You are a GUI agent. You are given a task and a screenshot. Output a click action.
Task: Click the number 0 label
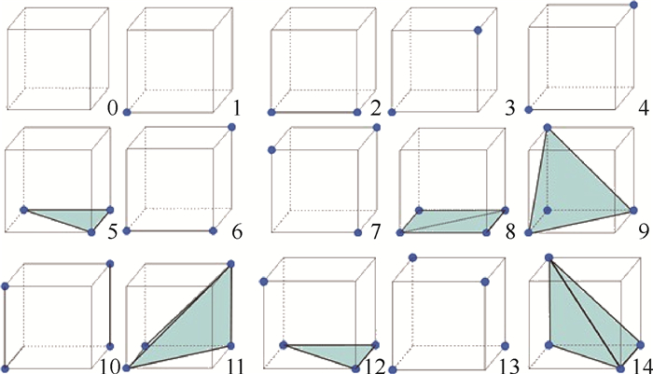coord(113,108)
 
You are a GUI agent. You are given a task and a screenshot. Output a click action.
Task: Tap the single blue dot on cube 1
coord(128,113)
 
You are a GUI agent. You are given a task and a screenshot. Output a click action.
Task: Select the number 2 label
coord(375,108)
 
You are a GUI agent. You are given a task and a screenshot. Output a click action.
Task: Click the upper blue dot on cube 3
coord(478,30)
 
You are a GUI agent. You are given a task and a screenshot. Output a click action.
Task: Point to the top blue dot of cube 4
coord(633,5)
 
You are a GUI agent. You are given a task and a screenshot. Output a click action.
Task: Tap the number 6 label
coord(237,231)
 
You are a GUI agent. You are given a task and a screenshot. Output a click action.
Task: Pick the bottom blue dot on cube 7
coord(357,232)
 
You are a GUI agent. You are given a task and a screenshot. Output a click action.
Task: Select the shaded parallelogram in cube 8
coord(452,222)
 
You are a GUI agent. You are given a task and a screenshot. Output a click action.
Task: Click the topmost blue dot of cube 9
coord(548,128)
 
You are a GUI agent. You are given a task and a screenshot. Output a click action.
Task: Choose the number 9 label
coord(644,231)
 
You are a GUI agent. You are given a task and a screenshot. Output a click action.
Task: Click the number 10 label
coord(109,367)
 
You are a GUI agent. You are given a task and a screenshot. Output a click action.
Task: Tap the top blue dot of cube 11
coord(231,264)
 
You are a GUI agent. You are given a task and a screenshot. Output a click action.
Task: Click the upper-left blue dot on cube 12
coord(263,282)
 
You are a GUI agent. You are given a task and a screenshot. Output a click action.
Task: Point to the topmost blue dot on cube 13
coord(412,257)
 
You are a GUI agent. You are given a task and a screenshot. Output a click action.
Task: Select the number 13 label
coord(508,367)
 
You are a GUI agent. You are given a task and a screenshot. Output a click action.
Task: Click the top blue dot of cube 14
coord(549,258)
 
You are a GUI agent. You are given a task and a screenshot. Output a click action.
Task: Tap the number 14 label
coord(642,367)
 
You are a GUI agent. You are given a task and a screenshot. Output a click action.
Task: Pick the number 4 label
coord(644,108)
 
